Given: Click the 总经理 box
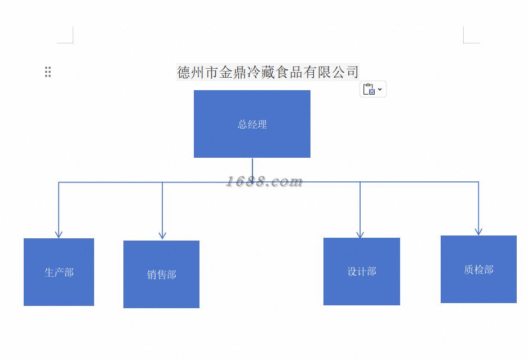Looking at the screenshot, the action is click(x=252, y=141).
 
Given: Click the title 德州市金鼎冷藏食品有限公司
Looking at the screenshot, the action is click(x=268, y=72).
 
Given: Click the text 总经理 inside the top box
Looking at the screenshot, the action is click(x=252, y=125).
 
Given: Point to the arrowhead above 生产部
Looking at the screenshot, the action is click(x=59, y=234).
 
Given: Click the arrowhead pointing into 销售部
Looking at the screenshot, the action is click(x=162, y=235).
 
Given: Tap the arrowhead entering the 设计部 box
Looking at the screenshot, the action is click(x=360, y=234).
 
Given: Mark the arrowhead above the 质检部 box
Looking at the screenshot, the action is click(x=478, y=231).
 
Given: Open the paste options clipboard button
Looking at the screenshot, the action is click(x=370, y=89).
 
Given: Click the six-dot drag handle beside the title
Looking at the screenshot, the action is click(x=48, y=72).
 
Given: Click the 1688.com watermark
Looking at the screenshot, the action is click(x=264, y=181).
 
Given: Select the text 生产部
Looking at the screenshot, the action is click(x=59, y=272).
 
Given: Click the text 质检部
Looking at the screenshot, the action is click(x=478, y=270).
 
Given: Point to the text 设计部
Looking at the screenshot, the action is click(x=361, y=272).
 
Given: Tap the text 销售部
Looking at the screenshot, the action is click(x=161, y=275).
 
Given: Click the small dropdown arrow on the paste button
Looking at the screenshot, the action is click(x=380, y=89).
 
